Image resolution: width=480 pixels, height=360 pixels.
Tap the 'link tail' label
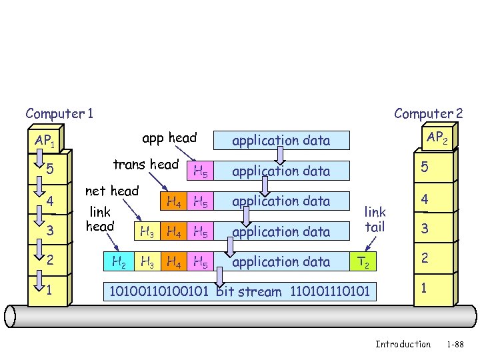[x=375, y=219]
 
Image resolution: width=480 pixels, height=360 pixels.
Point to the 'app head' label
[x=169, y=138]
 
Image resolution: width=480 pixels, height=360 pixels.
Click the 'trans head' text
[x=146, y=164]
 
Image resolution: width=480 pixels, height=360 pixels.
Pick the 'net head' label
[x=112, y=191]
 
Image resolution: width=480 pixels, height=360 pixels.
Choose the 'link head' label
[x=100, y=219]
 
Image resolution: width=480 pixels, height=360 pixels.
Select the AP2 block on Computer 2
[x=437, y=138]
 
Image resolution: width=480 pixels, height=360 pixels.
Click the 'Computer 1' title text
[x=59, y=113]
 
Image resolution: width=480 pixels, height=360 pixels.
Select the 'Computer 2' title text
[x=428, y=113]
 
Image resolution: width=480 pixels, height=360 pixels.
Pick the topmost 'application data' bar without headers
[x=281, y=140]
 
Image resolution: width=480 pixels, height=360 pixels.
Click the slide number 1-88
[x=455, y=344]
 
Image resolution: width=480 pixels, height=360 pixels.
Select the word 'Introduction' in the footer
[x=403, y=344]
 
